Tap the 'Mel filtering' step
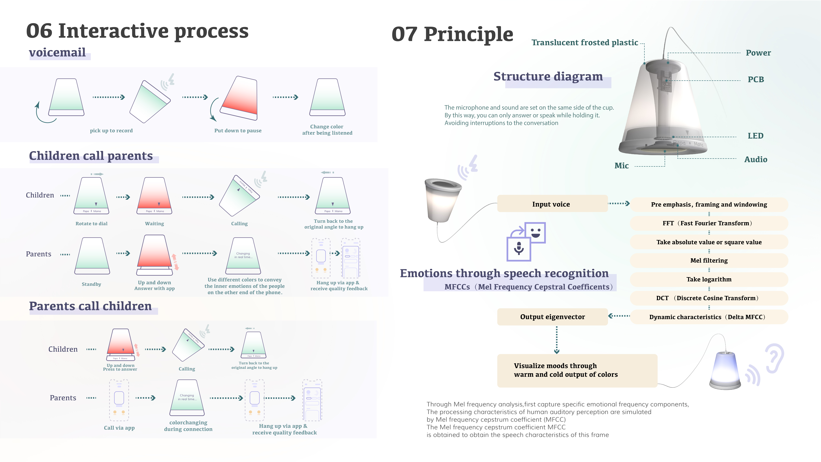coord(709,260)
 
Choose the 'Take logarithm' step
coord(709,279)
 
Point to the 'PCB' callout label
coord(756,79)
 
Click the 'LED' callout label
coord(755,136)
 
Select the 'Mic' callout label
coord(621,166)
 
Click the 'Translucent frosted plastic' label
coord(585,42)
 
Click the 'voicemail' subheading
coord(57,52)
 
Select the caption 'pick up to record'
coord(111,130)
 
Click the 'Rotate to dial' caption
coord(91,224)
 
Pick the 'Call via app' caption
coord(119,428)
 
